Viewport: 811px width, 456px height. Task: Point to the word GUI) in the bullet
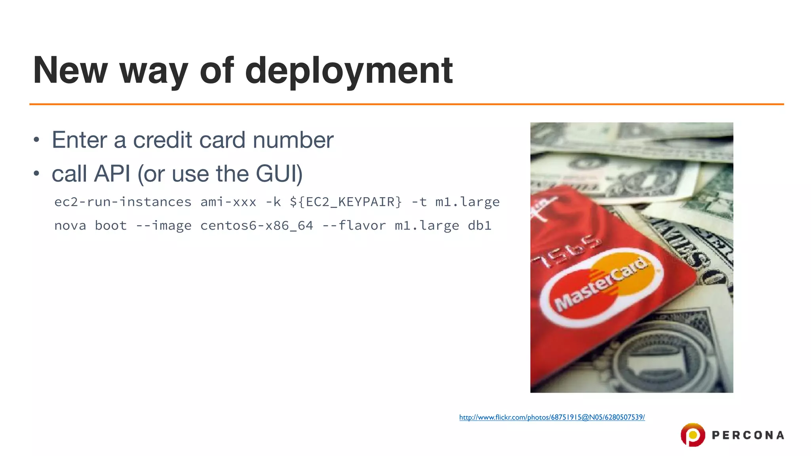279,174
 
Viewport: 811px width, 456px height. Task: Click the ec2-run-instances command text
123,202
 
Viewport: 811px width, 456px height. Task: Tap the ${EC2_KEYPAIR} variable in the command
346,202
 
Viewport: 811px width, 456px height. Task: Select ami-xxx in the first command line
228,202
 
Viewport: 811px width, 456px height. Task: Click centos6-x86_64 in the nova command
257,226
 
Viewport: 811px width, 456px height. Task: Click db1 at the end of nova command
480,226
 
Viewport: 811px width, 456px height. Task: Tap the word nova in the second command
70,226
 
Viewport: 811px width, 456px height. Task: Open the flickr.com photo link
552,417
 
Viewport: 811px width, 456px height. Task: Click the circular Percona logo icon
693,435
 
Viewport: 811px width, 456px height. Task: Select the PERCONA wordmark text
748,435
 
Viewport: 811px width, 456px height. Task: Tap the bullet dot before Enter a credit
36,140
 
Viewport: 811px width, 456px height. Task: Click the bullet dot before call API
36,173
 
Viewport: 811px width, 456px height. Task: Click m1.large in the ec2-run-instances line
467,202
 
